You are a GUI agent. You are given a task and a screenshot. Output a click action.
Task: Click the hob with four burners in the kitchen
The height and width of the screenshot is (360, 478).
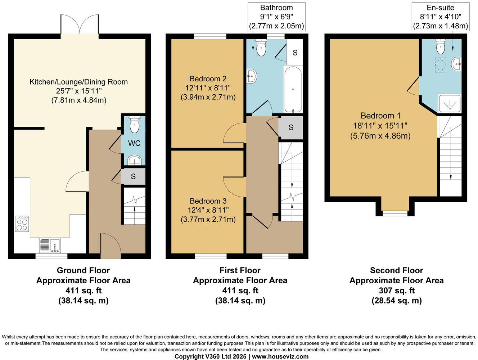tap(22, 224)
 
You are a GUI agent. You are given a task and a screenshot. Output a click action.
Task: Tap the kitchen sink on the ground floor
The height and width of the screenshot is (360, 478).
tap(50, 246)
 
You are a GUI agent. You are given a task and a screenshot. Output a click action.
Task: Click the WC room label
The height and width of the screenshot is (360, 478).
tap(134, 143)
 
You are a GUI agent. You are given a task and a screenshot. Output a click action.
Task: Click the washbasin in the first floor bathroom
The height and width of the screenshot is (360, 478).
tap(252, 76)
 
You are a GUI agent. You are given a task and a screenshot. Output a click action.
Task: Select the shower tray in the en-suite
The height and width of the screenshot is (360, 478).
tap(449, 103)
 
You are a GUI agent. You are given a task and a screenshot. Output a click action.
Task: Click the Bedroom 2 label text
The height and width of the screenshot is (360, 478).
tap(208, 79)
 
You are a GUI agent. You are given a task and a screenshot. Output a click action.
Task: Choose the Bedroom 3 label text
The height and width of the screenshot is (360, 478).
tap(208, 201)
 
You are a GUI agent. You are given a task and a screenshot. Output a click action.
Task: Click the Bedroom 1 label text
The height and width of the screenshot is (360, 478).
tap(380, 116)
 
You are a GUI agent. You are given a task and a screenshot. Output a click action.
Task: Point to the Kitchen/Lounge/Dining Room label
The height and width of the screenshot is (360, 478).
tap(78, 82)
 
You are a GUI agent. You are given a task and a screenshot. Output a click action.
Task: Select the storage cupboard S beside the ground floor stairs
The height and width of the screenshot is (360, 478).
tap(133, 177)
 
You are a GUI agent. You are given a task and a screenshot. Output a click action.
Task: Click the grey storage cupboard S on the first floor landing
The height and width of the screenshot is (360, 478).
tap(291, 127)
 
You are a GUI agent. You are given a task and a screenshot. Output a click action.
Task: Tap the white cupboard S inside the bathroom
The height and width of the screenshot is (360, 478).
tap(295, 53)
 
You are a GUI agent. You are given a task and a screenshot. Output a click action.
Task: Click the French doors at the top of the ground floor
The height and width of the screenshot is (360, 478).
tap(80, 25)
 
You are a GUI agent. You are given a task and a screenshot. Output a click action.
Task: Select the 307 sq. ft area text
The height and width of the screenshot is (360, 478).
tap(396, 291)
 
